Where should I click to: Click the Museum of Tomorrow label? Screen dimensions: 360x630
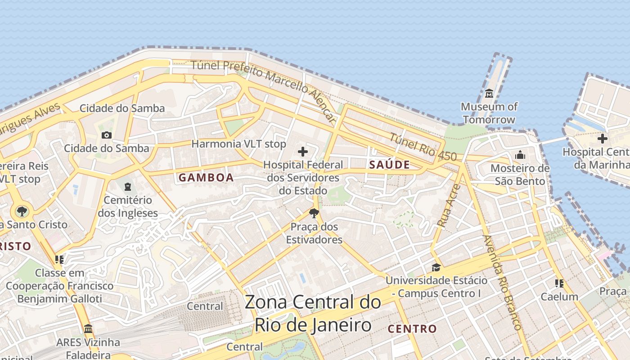tap(489, 113)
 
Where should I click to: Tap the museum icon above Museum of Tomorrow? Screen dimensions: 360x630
tap(489, 94)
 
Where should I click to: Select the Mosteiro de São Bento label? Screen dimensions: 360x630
tap(520, 175)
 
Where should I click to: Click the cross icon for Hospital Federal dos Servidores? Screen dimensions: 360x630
tap(303, 152)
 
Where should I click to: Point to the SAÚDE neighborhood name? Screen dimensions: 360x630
tap(389, 165)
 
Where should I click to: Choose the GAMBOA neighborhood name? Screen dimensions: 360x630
tap(206, 178)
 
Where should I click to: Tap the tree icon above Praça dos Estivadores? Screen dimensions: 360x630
tap(314, 213)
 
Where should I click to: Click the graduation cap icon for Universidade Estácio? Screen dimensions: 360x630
tap(436, 268)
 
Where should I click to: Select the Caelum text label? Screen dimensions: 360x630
tap(559, 297)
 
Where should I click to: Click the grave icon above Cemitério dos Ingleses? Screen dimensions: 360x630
tap(128, 186)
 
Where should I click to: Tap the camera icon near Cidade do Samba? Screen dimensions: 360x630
tap(107, 135)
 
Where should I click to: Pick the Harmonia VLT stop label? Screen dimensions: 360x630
tap(238, 144)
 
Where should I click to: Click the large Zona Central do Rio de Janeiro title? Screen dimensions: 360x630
tap(313, 313)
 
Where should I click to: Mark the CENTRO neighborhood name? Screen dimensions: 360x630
tap(412, 329)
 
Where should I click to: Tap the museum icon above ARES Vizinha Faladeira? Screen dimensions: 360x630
tap(88, 328)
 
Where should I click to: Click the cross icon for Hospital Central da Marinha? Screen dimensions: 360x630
tap(602, 139)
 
